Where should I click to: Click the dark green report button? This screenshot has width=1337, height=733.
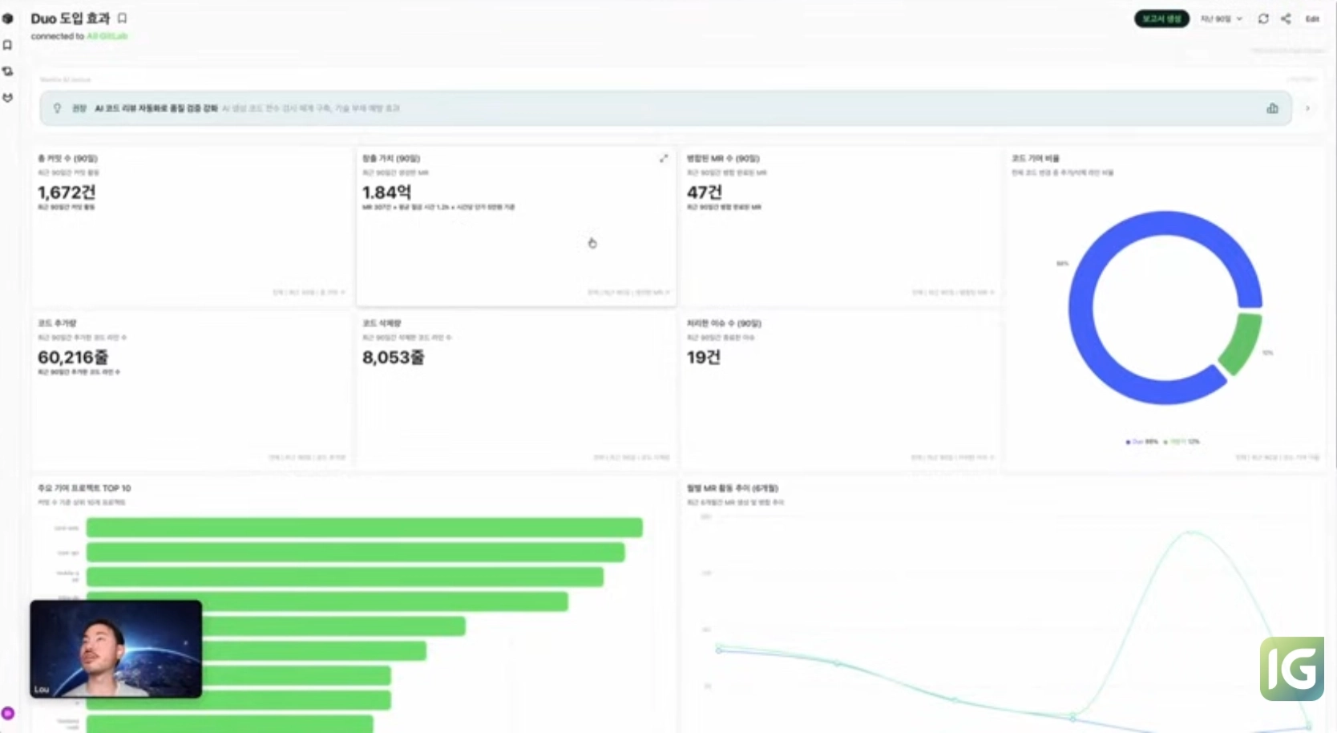1161,18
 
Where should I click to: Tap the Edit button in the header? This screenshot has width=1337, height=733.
1312,18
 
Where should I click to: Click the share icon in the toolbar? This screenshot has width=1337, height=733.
1286,18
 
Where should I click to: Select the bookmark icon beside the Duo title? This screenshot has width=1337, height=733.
123,18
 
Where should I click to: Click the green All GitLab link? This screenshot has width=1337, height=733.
107,36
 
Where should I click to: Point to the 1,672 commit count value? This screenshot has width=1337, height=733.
67,192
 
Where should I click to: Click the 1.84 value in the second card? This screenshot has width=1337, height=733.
386,192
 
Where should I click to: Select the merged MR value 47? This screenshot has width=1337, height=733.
704,192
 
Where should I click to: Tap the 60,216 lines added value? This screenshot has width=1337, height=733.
73,357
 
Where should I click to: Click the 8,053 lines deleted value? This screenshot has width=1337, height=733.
393,357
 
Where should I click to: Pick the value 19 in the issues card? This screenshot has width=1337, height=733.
703,357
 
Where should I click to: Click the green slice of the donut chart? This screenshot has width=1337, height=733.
1241,342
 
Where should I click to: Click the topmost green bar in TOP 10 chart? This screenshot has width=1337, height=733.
364,527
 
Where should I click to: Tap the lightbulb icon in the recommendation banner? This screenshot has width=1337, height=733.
57,108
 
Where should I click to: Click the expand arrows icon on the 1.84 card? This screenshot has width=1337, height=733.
664,159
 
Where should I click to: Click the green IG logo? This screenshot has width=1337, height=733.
1291,668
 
